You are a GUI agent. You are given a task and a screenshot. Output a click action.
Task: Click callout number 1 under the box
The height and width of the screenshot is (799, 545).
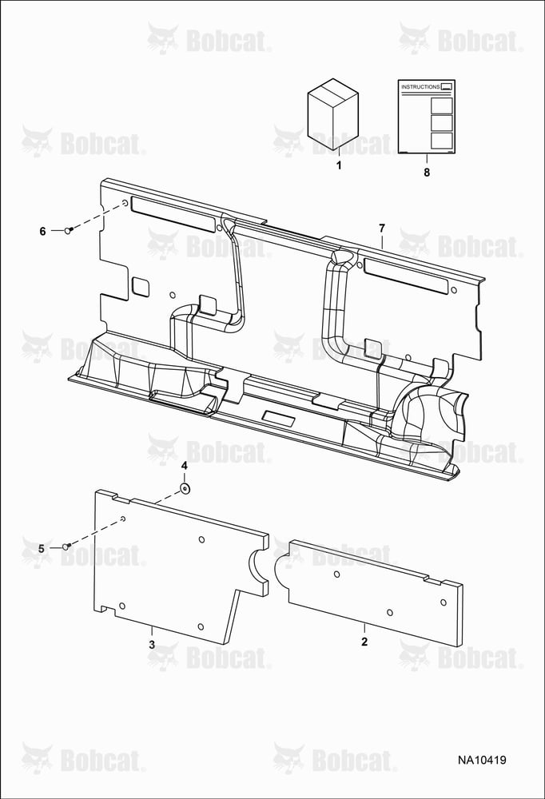pyautogui.click(x=339, y=165)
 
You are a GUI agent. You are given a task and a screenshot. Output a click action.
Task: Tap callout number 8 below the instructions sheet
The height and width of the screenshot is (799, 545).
pyautogui.click(x=427, y=173)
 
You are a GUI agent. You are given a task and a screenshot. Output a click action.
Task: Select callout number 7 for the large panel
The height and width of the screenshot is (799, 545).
pyautogui.click(x=382, y=229)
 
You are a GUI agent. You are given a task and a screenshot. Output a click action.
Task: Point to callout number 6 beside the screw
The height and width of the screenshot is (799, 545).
pyautogui.click(x=43, y=232)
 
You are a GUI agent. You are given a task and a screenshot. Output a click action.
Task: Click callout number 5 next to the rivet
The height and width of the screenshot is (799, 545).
pyautogui.click(x=42, y=549)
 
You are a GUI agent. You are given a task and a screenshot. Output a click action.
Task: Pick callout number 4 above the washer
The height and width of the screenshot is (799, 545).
pyautogui.click(x=185, y=466)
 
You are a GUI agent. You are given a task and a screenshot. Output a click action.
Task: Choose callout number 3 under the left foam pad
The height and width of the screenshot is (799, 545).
pyautogui.click(x=152, y=645)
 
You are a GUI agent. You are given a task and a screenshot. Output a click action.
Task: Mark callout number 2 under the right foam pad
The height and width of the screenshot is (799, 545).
pyautogui.click(x=364, y=642)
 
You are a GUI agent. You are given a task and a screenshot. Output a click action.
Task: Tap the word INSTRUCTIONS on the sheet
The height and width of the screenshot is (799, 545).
pyautogui.click(x=420, y=86)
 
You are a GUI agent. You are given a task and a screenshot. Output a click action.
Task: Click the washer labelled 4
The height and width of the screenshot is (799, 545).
pyautogui.click(x=185, y=489)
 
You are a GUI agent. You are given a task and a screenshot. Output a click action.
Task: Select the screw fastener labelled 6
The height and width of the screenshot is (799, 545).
pyautogui.click(x=68, y=230)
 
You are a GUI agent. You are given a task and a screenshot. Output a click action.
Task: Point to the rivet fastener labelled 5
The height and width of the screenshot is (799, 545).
pyautogui.click(x=66, y=547)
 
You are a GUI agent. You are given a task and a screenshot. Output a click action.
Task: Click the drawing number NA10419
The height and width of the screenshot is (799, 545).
pyautogui.click(x=482, y=760)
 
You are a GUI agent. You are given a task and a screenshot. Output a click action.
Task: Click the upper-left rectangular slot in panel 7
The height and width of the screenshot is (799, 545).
pyautogui.click(x=173, y=214)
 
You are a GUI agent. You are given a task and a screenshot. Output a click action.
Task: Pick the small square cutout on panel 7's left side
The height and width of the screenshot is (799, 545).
pyautogui.click(x=141, y=286)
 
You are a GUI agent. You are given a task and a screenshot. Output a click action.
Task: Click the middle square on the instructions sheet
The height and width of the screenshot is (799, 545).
pyautogui.click(x=441, y=123)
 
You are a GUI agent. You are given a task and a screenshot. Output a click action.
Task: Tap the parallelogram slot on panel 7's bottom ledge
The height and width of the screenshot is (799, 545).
pyautogui.click(x=278, y=419)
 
